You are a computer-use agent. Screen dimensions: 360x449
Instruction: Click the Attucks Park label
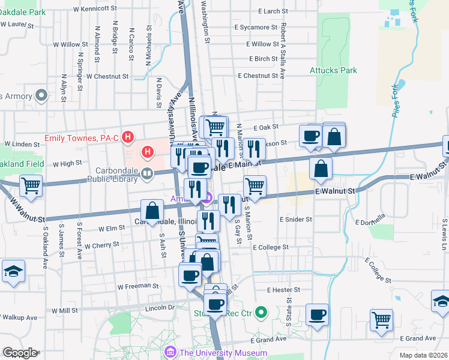pos(333,70)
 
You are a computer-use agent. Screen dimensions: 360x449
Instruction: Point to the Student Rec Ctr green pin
pos(261,312)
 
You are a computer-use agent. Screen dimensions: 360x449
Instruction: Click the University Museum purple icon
pos(170,352)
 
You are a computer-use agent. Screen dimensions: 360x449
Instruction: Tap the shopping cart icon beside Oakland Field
pos(31,186)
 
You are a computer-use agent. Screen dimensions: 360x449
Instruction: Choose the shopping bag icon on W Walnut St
pos(152,211)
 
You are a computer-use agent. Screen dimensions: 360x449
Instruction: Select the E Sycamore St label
pos(256,27)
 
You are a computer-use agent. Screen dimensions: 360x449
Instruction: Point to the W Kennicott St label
pos(94,8)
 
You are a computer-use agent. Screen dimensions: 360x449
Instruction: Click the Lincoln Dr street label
pos(160,308)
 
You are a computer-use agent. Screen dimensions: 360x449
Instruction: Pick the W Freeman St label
pos(137,286)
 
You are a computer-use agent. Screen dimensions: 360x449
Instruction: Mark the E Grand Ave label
pos(267,340)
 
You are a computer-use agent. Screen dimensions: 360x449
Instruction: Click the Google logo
pos(19,353)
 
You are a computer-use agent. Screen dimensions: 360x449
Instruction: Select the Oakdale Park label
pos(23,12)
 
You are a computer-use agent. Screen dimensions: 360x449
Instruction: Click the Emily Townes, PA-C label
pos(82,138)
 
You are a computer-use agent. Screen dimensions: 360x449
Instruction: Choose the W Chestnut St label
pos(107,76)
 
